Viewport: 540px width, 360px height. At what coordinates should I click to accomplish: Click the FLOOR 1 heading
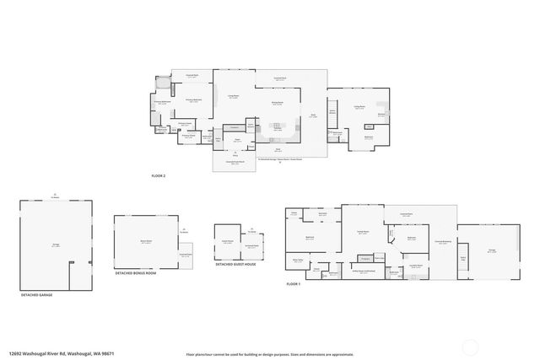pyautogui.click(x=293, y=285)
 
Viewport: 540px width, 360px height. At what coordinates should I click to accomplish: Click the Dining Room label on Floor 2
pyautogui.click(x=277, y=104)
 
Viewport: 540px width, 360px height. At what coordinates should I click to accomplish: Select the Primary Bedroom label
pyautogui.click(x=192, y=100)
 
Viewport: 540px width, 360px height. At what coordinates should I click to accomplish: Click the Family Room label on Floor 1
pyautogui.click(x=362, y=232)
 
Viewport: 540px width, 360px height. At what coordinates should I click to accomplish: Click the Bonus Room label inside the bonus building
pyautogui.click(x=145, y=241)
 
